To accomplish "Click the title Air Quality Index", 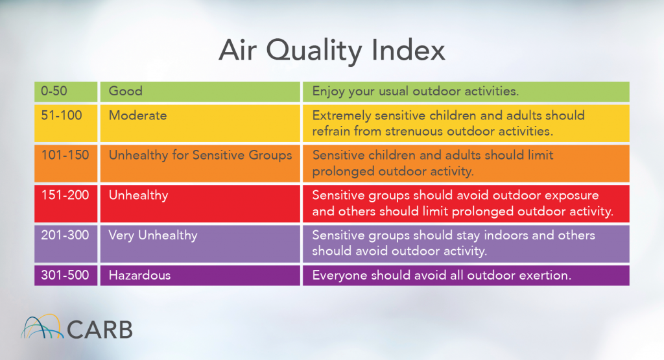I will (331, 51).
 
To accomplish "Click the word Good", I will (125, 91).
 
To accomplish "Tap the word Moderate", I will (137, 116).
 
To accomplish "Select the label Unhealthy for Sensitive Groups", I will (200, 155).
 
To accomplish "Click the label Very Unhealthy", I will (153, 235).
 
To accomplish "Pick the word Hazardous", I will (139, 276).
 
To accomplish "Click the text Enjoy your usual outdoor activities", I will (416, 91).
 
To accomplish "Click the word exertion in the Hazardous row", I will (544, 276).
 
